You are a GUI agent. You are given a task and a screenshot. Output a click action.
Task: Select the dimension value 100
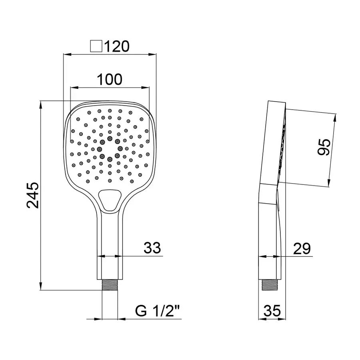coord(110,80)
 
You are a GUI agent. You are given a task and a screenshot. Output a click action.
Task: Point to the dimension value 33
coord(152,248)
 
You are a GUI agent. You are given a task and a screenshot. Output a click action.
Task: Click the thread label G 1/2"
coord(158,311)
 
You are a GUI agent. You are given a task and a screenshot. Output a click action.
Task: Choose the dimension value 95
coord(323,148)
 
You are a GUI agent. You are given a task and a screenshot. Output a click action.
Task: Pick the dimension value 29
coord(301,249)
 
